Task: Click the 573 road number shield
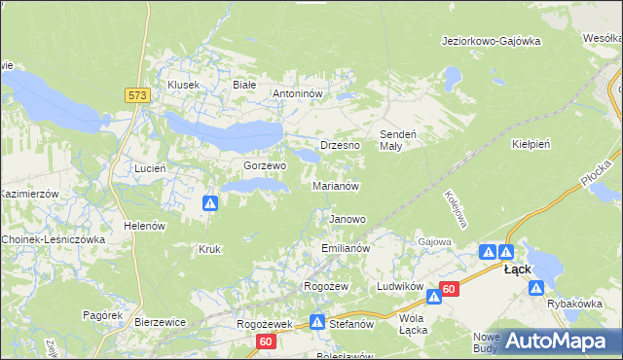(x=136, y=94)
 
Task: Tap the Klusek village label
(x=183, y=85)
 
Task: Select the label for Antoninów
(x=302, y=94)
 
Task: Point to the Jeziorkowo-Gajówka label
(x=491, y=41)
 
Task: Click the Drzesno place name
(x=341, y=145)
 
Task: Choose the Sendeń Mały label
(x=397, y=139)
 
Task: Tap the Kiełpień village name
(x=531, y=144)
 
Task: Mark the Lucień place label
(x=151, y=168)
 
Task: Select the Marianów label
(x=337, y=185)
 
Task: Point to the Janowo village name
(x=348, y=220)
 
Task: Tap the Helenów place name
(x=141, y=226)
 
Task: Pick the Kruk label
(x=209, y=249)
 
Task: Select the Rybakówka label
(x=575, y=304)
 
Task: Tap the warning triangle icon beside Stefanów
(x=317, y=321)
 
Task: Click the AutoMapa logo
(x=550, y=340)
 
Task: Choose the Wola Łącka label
(x=413, y=324)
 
